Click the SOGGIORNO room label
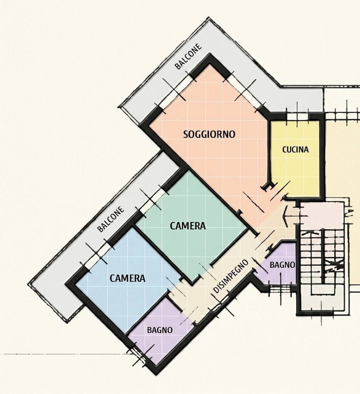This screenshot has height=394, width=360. tap(209, 134)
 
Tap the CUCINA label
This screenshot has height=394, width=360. tap(295, 150)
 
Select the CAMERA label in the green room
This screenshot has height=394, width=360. tap(188, 226)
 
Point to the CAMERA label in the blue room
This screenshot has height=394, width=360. tap(127, 278)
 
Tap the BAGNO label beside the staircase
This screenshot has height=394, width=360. tap(282, 265)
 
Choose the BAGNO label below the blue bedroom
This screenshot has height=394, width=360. tap(160, 330)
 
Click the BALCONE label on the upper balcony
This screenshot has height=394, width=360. tap(189, 57)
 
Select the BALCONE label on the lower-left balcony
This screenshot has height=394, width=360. tap(111, 219)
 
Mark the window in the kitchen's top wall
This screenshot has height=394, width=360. tap(298, 116)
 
